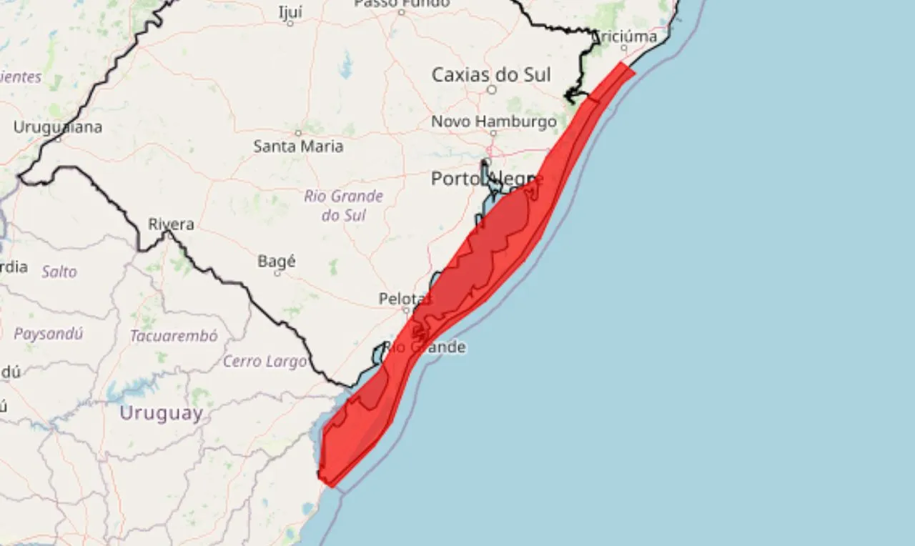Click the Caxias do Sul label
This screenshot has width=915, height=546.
491,74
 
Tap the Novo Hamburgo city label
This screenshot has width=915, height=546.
493,121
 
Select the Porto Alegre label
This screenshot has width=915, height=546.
485,179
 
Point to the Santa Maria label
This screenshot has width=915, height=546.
298,146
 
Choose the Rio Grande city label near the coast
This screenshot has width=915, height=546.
425,347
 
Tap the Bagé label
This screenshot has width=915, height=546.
277,262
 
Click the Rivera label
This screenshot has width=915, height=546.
171,224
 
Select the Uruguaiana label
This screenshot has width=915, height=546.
58,127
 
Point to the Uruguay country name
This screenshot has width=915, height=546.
161,413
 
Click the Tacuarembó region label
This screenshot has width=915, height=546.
174,335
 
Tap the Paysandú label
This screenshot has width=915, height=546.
49,333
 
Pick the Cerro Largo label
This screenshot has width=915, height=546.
265,361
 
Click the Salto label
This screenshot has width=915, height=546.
59,272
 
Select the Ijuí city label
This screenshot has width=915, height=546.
290,12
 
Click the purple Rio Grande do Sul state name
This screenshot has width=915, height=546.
344,205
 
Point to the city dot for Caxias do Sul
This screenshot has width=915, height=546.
492,89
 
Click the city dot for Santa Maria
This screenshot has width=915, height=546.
299,133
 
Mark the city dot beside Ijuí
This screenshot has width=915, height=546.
290,24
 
